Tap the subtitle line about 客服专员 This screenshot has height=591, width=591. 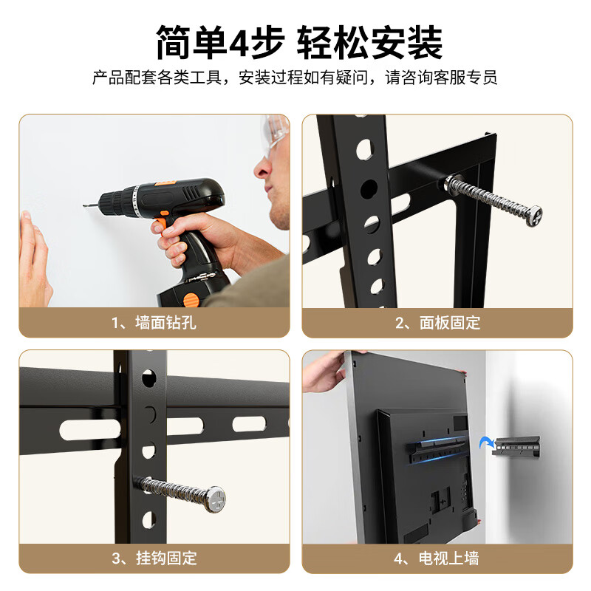[295, 78]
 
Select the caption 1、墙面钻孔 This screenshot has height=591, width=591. [154, 323]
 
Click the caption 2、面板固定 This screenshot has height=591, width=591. [437, 323]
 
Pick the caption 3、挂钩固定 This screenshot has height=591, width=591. [154, 558]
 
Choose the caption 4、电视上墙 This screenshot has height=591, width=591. [437, 558]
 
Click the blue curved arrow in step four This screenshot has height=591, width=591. [486, 443]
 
